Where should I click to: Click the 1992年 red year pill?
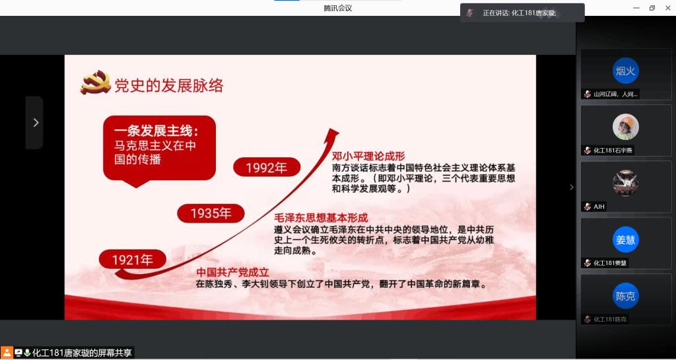point(267,167)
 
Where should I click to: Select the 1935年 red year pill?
point(211,213)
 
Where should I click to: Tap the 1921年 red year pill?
point(132,260)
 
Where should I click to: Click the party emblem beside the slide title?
point(95,83)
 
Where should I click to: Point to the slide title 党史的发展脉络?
point(168,86)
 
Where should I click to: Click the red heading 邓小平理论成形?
point(368,156)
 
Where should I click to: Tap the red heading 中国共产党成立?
point(232,273)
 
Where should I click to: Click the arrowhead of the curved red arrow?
point(333,133)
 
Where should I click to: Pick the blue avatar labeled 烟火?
point(625,71)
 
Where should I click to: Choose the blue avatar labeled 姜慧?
point(625,239)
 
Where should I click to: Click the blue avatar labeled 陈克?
point(625,296)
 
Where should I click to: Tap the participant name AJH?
point(599,207)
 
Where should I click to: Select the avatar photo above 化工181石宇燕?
point(626,127)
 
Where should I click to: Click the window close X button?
point(667,8)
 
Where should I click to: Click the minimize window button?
point(636,8)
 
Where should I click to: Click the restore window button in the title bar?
point(652,8)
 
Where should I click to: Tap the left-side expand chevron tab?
point(35,123)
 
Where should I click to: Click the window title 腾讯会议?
point(338,8)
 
